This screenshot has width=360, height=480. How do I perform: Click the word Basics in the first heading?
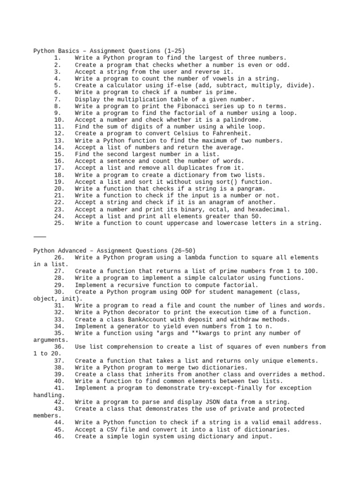68,51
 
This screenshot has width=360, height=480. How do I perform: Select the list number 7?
57,99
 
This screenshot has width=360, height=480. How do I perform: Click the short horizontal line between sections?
40,237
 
